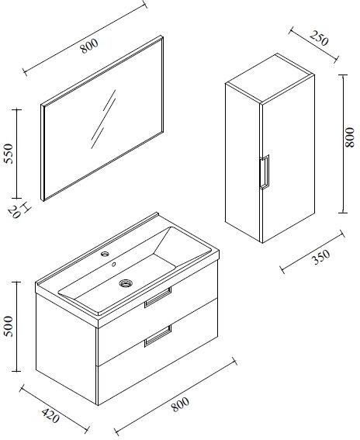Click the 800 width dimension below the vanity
[180, 404]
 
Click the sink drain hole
[124, 285]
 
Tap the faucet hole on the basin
[103, 255]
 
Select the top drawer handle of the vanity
[157, 297]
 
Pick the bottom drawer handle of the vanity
[157, 334]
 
